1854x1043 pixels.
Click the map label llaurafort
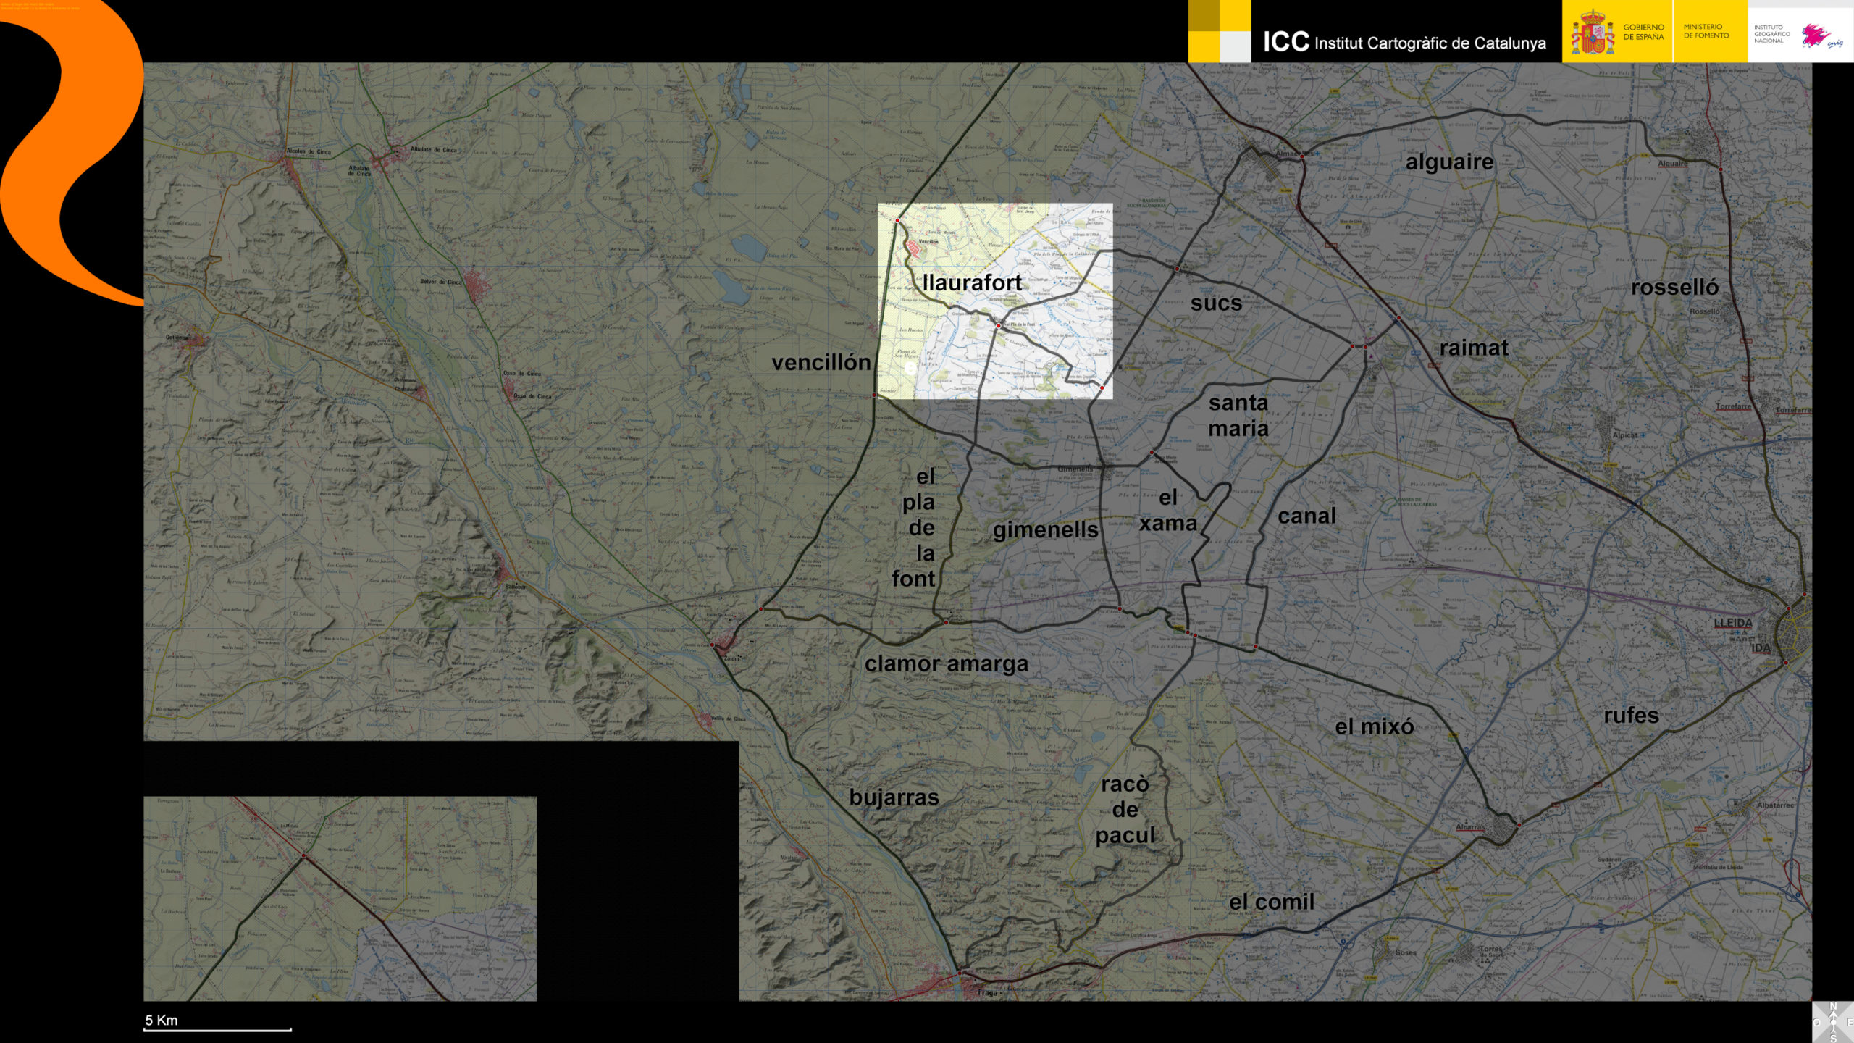coord(972,283)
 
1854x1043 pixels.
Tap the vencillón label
coord(821,363)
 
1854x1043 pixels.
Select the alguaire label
coord(1449,162)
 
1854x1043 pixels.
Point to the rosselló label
coord(1674,288)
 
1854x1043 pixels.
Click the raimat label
coord(1473,348)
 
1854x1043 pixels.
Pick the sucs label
coord(1216,303)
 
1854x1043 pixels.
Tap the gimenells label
coord(1045,530)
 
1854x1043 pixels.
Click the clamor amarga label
coord(946,664)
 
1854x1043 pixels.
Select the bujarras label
coord(894,797)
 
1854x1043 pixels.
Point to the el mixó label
coord(1374,726)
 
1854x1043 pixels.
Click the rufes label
coord(1631,716)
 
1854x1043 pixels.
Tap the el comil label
coord(1271,902)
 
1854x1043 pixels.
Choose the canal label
coord(1306,516)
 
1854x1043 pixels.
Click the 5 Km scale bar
coord(217,1028)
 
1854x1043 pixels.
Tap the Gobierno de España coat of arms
coord(1592,33)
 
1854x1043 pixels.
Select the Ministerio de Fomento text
coord(1706,31)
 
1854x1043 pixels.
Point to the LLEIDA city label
coord(1732,623)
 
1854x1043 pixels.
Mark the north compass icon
coord(1833,1022)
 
